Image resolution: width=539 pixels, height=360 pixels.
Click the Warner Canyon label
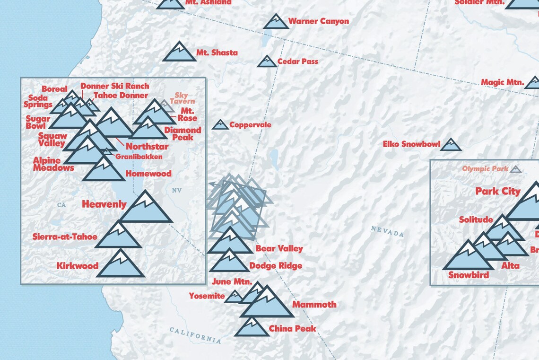318,21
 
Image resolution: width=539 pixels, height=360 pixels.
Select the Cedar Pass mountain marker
267,61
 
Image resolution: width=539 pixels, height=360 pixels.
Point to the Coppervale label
250,125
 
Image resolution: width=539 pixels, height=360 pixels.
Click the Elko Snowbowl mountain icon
450,145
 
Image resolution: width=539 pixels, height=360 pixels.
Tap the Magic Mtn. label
502,82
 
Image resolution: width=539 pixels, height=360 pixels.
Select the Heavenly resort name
104,204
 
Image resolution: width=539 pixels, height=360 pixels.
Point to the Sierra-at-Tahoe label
65,237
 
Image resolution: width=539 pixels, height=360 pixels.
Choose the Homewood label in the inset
148,174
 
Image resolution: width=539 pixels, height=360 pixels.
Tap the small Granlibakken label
139,157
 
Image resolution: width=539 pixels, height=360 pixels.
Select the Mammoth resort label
314,305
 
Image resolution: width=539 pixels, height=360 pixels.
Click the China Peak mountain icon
252,328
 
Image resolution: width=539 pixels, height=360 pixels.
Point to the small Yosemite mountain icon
234,297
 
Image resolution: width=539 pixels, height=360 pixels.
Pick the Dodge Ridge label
276,266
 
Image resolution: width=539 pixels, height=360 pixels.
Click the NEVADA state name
387,232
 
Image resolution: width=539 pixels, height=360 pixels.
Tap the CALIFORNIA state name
195,335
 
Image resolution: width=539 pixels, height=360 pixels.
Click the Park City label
497,192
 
